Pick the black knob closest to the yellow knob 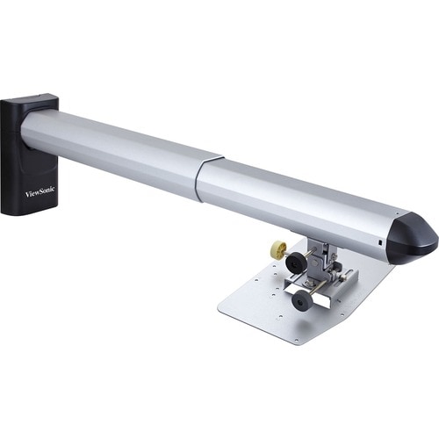[296, 261]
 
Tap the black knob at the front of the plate [302, 301]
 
